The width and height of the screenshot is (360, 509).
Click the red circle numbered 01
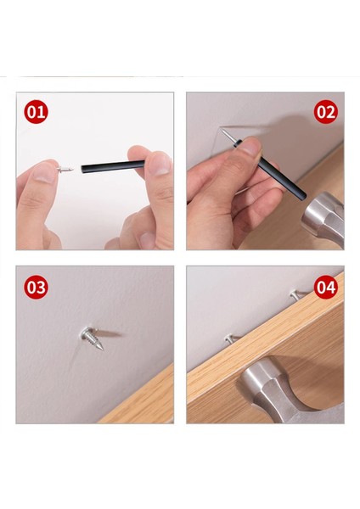pyautogui.click(x=36, y=112)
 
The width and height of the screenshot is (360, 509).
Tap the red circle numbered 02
pyautogui.click(x=325, y=112)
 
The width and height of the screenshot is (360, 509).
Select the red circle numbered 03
pyautogui.click(x=36, y=287)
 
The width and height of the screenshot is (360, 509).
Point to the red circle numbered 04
pyautogui.click(x=325, y=287)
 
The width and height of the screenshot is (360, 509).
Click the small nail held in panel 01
pyautogui.click(x=65, y=169)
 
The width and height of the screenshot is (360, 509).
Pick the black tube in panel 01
pyautogui.click(x=113, y=166)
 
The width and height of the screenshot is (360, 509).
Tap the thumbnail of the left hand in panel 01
pyautogui.click(x=42, y=173)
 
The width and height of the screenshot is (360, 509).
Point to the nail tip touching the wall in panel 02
pyautogui.click(x=222, y=129)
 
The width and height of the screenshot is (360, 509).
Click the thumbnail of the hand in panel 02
pyautogui.click(x=250, y=146)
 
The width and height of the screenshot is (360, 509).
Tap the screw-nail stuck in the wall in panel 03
pyautogui.click(x=93, y=338)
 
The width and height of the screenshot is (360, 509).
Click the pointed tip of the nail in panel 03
pyautogui.click(x=104, y=350)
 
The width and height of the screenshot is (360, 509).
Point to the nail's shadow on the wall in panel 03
pyautogui.click(x=110, y=333)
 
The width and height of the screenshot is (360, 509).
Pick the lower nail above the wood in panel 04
pyautogui.click(x=232, y=339)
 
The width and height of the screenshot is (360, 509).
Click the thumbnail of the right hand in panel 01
pyautogui.click(x=160, y=165)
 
